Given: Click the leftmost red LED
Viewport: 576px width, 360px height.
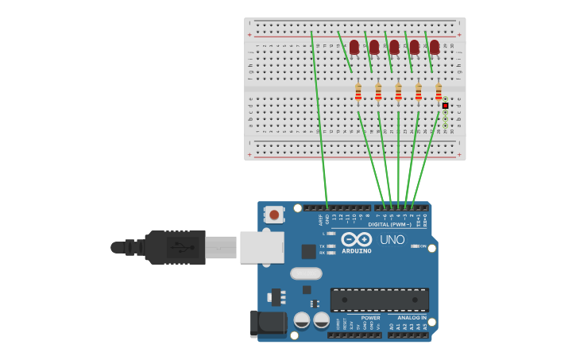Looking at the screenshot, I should (x=354, y=48).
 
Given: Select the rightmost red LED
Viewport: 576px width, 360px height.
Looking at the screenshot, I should (x=435, y=48).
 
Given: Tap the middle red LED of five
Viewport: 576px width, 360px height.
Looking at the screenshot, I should (x=394, y=48).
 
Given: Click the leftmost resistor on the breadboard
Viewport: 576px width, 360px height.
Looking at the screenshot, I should (x=358, y=94).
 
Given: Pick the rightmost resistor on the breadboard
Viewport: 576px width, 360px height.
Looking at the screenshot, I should (x=439, y=94).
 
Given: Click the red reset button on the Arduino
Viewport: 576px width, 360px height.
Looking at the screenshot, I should (x=275, y=215).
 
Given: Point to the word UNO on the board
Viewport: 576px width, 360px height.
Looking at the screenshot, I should (x=392, y=239).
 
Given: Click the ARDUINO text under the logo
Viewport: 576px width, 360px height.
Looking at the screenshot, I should (x=357, y=251).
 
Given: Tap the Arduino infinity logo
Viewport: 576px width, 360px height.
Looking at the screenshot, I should (x=357, y=239).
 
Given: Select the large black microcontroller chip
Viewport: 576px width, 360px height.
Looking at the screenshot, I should (x=379, y=300).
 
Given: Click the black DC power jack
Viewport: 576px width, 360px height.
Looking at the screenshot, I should (x=268, y=323).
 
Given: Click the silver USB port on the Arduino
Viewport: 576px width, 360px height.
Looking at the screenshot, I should (x=261, y=247).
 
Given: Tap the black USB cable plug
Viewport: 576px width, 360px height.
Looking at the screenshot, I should (x=175, y=246).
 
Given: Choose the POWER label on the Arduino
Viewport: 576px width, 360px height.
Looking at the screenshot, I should (x=370, y=318).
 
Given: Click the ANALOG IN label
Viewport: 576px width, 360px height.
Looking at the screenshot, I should (x=412, y=318).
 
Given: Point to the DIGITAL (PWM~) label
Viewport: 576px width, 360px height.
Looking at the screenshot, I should (x=390, y=224).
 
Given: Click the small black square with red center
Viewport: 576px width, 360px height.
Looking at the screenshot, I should (x=446, y=106).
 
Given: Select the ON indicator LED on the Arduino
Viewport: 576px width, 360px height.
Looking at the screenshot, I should (x=416, y=246).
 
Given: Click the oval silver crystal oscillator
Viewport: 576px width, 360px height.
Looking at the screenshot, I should (x=306, y=274).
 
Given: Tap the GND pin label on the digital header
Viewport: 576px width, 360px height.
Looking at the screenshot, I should (x=327, y=217).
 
